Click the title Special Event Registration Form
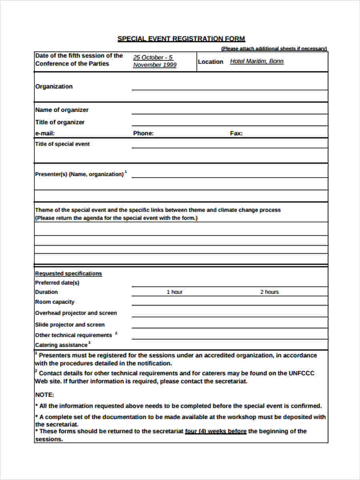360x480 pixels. (181, 39)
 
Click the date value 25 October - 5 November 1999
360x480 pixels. (155, 61)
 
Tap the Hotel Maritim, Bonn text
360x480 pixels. (257, 61)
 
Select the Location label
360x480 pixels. (210, 62)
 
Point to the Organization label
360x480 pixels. (54, 86)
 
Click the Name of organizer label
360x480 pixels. (62, 110)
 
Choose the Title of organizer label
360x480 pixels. (60, 122)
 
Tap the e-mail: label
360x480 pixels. (45, 134)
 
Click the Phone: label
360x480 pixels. (143, 134)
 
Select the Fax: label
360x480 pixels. (236, 134)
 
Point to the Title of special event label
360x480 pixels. (62, 144)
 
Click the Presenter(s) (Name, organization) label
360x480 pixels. (80, 174)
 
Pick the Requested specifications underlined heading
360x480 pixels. (68, 274)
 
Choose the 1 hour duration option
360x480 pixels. (174, 292)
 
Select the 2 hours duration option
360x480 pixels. (270, 292)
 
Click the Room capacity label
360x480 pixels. (55, 302)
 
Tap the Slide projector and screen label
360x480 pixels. (70, 325)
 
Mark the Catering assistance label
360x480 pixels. (61, 345)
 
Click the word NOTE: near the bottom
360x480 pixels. (44, 395)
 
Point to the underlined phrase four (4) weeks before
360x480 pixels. (216, 431)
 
